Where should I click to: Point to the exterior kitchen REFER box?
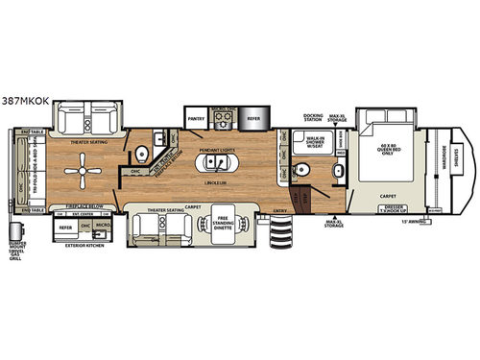click(x=67, y=228)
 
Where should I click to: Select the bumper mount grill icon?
click(x=16, y=232)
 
